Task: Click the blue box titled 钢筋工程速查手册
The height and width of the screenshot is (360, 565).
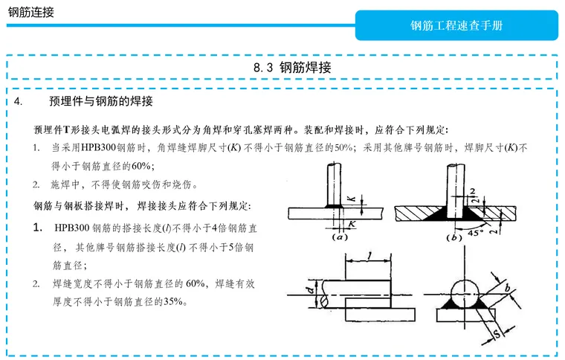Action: click(456, 25)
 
